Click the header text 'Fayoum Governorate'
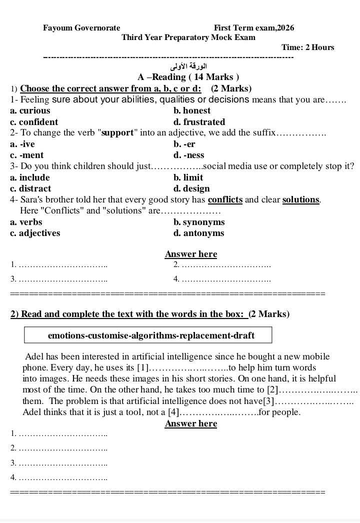point(81,28)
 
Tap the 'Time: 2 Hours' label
point(307,47)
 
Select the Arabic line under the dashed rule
point(188,66)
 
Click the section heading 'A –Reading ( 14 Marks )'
point(188,77)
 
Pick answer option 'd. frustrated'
point(199,122)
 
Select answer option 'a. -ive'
point(22,144)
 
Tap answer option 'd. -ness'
point(188,155)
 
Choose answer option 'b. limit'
point(188,177)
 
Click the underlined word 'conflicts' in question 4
point(225,200)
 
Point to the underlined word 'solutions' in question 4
point(300,200)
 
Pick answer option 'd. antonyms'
point(198,233)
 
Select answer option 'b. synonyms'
point(199,222)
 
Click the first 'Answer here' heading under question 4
point(191,254)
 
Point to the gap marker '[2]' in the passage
point(272,389)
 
